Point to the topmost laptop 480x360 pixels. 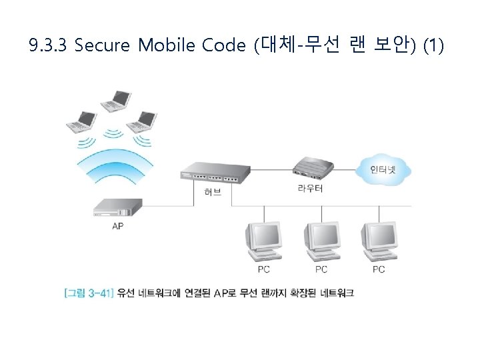click(x=115, y=99)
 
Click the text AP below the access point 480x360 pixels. click(x=117, y=226)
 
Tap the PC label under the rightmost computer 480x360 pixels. click(x=379, y=269)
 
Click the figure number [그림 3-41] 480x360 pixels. click(x=89, y=292)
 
